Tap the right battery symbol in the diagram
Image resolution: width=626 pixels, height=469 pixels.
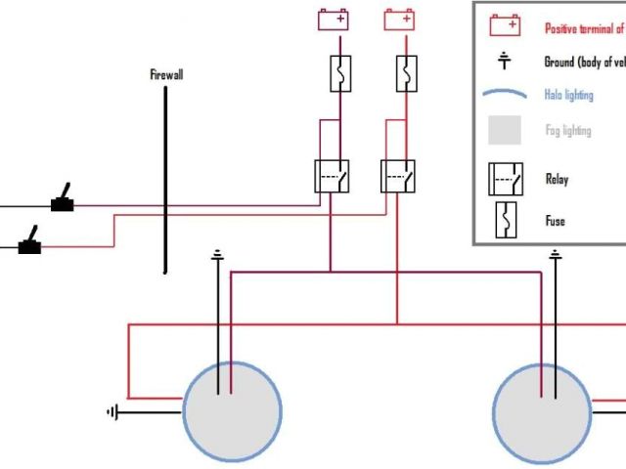tap(398, 20)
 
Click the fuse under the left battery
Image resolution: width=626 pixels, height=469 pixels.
tap(339, 74)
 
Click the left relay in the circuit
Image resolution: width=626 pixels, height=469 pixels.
tap(333, 176)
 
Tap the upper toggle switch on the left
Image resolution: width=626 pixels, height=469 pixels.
tap(65, 199)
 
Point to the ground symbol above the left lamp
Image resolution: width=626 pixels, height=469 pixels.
tap(217, 256)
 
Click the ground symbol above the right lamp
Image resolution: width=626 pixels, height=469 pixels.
tap(556, 256)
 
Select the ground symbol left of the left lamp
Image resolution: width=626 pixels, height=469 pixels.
tap(112, 412)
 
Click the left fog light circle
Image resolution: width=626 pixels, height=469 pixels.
tap(233, 410)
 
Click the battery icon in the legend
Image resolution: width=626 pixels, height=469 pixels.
tap(506, 24)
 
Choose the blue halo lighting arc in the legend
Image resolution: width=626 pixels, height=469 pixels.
tap(506, 95)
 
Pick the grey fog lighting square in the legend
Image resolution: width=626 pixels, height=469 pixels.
tap(506, 130)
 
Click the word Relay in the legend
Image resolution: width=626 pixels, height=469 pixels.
tap(557, 180)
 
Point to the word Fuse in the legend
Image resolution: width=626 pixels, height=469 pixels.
tap(555, 221)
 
